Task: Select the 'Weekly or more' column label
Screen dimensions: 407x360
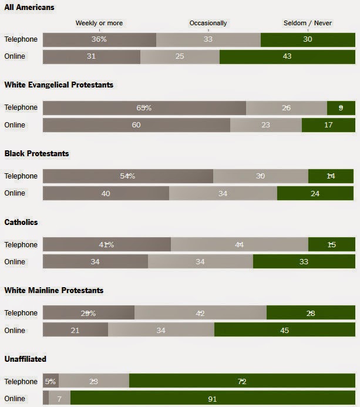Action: [x=99, y=23]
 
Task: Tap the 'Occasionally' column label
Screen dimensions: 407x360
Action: [x=208, y=23]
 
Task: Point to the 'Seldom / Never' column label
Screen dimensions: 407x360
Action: [x=308, y=23]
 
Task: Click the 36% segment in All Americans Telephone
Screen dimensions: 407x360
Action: [x=99, y=39]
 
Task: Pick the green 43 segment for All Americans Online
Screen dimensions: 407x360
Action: [x=287, y=57]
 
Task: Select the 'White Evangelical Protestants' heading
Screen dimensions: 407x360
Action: [x=59, y=85]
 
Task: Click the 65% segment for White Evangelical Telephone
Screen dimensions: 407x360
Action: [x=144, y=108]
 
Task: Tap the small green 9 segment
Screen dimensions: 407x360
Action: [x=341, y=108]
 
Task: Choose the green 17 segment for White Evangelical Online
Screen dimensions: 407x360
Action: [x=328, y=125]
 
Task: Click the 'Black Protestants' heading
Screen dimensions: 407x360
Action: [x=36, y=153]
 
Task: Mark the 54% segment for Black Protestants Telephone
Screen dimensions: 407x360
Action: [x=127, y=176]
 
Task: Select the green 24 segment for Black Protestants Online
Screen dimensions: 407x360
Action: [x=316, y=193]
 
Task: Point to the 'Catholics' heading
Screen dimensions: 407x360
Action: [x=22, y=222]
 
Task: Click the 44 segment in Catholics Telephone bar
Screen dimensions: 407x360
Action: [x=239, y=245]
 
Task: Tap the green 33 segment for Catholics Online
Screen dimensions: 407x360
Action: [x=304, y=262]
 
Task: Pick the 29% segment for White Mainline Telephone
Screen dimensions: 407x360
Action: [x=88, y=314]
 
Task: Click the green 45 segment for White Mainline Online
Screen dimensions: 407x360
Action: [x=284, y=330]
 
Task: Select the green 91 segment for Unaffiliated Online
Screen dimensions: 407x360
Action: [x=212, y=399]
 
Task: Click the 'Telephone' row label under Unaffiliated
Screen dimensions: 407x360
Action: [x=21, y=382]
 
